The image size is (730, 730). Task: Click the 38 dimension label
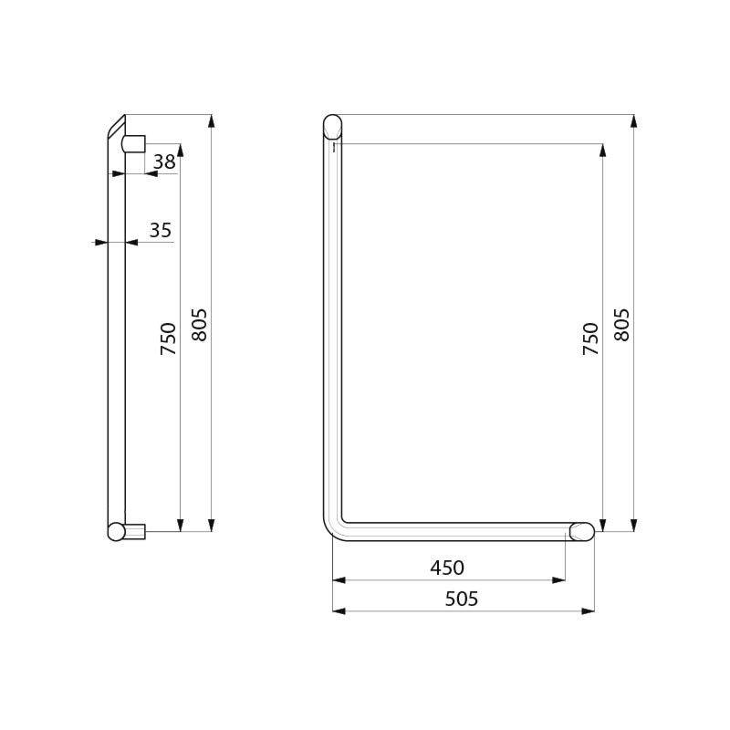pos(164,162)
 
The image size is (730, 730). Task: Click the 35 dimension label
pos(161,231)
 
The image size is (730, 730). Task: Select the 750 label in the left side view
pos(169,339)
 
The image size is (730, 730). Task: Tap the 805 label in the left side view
pos(200,325)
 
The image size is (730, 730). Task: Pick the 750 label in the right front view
pos(591,339)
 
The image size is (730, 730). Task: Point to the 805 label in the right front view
pos(622,325)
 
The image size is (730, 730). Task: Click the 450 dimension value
pos(447,568)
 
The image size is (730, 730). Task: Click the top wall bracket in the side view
pos(134,143)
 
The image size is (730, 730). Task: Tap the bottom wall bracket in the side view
pos(135,531)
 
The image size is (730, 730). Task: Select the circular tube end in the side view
pos(116,531)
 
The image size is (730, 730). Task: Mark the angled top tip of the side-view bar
pos(117,126)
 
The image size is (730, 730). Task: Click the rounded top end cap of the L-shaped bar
pos(332,124)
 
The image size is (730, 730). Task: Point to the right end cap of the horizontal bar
pos(582,531)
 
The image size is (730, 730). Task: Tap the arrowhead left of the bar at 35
pos(101,243)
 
